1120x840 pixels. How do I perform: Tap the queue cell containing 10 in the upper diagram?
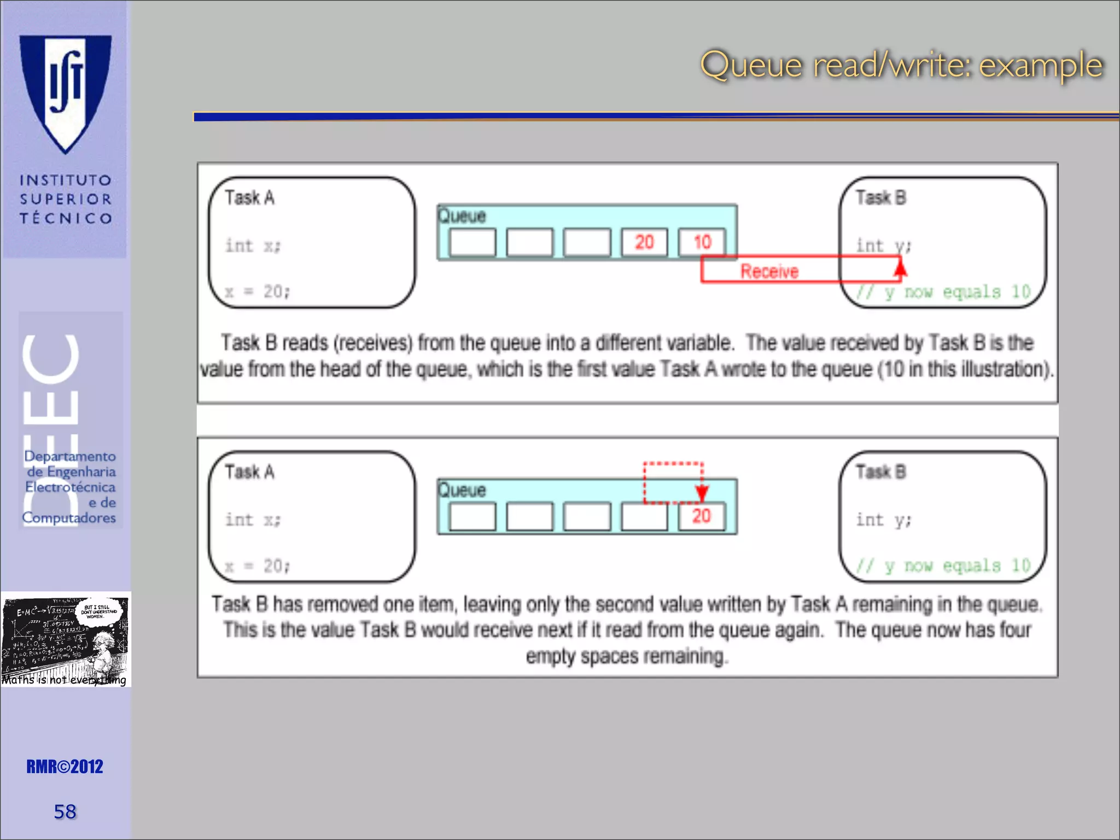[x=702, y=242]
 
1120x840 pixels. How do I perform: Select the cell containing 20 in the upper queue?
[x=644, y=242]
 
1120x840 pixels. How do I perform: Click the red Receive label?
[x=769, y=271]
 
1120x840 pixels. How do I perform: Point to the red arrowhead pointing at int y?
[x=900, y=268]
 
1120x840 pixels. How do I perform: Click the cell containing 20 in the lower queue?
[x=702, y=516]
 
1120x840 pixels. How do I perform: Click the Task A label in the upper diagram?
[x=250, y=197]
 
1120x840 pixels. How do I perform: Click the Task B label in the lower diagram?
[x=880, y=471]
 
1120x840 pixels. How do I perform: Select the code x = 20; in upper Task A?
[x=258, y=291]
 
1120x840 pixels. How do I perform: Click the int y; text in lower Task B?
[x=883, y=520]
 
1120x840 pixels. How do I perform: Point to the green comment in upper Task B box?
[x=943, y=292]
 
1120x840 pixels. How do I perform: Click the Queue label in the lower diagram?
[x=462, y=490]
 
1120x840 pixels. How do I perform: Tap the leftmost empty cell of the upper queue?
[x=472, y=242]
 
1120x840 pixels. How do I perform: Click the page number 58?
[x=65, y=812]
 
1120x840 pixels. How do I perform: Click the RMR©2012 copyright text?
[x=65, y=767]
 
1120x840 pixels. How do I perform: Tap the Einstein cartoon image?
[x=66, y=639]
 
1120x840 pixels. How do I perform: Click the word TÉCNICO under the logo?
[x=66, y=219]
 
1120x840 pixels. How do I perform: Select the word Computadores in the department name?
[x=69, y=517]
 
